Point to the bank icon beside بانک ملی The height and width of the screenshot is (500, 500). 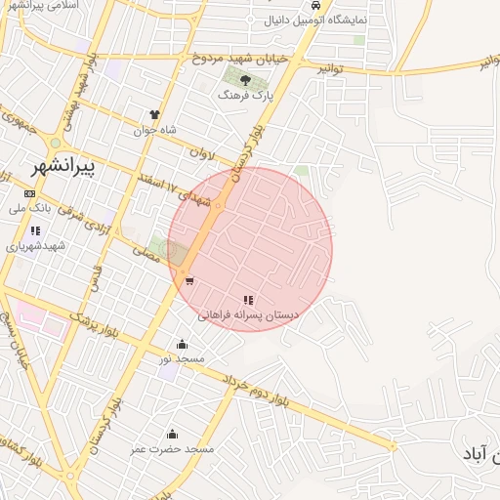click(x=29, y=193)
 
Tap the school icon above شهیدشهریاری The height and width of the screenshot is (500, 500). click(x=35, y=230)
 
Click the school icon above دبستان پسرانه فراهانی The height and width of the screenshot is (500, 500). click(x=247, y=300)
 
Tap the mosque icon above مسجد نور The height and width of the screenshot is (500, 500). click(x=182, y=344)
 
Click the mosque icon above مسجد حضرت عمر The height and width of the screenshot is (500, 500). click(x=172, y=434)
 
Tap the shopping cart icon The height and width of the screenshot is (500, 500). click(x=188, y=281)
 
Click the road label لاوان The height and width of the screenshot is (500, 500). click(x=201, y=153)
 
